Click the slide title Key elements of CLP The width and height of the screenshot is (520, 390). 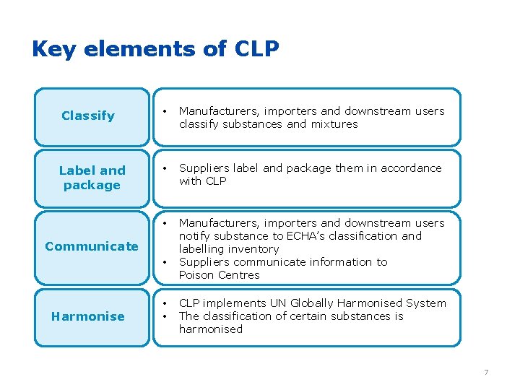click(x=155, y=49)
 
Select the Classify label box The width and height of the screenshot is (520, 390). click(x=88, y=116)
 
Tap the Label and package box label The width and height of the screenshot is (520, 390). click(x=92, y=178)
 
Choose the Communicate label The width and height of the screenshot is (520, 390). click(x=92, y=246)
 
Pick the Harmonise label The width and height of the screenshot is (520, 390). click(x=88, y=316)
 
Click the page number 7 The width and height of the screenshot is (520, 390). click(x=486, y=372)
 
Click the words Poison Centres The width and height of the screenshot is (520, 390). click(x=219, y=275)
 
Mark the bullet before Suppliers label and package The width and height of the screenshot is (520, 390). click(x=165, y=169)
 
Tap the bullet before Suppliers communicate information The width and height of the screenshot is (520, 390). click(x=165, y=262)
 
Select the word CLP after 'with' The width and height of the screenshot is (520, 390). click(x=216, y=181)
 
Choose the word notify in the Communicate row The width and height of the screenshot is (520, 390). click(x=195, y=236)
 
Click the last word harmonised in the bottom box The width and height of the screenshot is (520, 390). click(x=211, y=329)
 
